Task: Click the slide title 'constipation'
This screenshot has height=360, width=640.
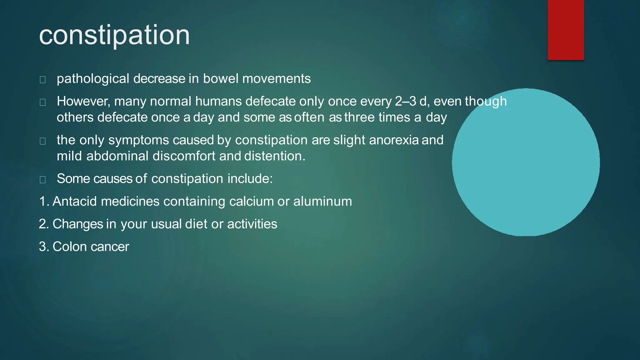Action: (114, 35)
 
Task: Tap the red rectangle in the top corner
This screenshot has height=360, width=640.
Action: (566, 30)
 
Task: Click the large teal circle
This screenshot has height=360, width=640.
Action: (526, 162)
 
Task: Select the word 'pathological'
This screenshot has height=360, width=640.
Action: (93, 79)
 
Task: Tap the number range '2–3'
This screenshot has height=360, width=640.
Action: (405, 101)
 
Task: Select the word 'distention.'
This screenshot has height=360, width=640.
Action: (275, 156)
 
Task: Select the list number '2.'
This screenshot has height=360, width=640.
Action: (44, 224)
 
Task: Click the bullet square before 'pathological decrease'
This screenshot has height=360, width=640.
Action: (43, 80)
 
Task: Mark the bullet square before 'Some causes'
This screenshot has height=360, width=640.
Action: (43, 180)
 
